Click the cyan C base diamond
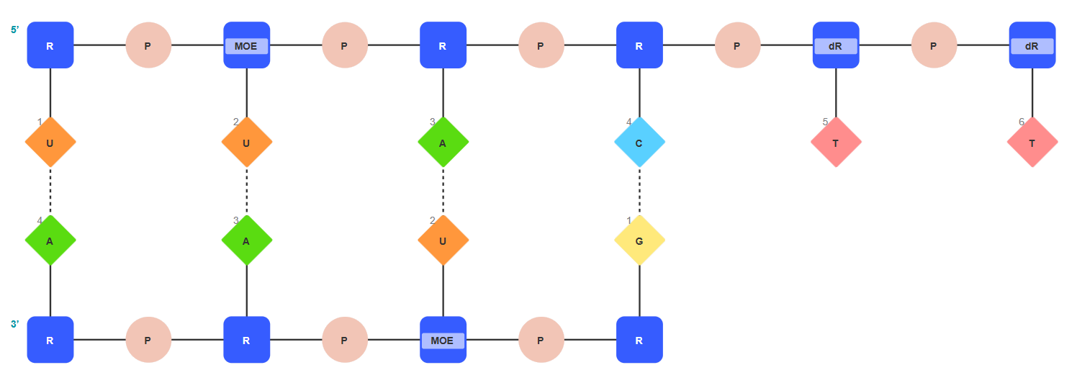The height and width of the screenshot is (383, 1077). (639, 143)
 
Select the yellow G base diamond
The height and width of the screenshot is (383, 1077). (639, 240)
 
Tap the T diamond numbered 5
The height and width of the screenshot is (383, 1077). (835, 143)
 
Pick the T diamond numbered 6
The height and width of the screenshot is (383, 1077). (1032, 143)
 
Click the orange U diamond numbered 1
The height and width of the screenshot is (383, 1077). (50, 143)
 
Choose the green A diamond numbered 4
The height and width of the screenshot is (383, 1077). (50, 240)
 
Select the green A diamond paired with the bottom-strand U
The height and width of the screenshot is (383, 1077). (443, 143)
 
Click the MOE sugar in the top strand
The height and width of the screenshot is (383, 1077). (246, 45)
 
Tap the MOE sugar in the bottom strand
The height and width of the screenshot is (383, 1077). (443, 340)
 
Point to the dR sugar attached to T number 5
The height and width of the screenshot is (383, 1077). (835, 45)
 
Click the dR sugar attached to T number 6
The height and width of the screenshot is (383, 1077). (1032, 45)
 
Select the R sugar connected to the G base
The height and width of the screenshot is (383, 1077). (639, 340)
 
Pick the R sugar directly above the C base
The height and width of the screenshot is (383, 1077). (639, 45)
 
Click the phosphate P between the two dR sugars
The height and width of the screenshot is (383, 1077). (933, 45)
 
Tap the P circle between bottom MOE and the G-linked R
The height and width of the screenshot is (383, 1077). (541, 340)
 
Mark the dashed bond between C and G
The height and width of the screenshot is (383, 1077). (639, 191)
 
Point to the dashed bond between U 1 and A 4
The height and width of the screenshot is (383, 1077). (50, 191)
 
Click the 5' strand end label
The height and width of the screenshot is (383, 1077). (15, 30)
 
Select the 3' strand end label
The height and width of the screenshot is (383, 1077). (15, 324)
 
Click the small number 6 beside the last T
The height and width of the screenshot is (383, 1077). (1021, 122)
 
